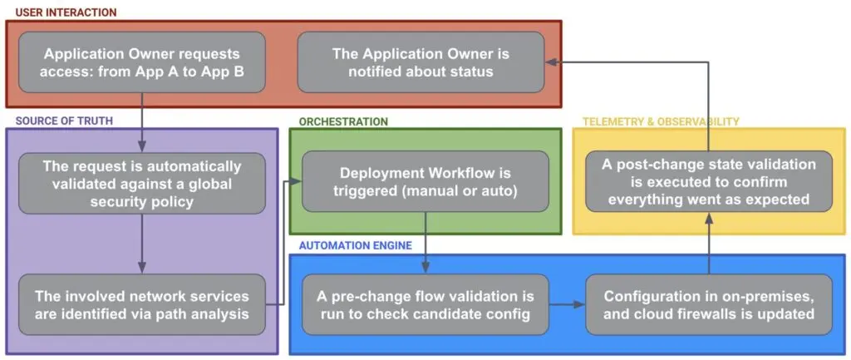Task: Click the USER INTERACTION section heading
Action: [66, 12]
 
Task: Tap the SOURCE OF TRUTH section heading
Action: [64, 121]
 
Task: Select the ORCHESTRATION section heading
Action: [343, 121]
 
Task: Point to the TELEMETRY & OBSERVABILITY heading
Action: [661, 121]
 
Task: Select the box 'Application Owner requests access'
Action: [142, 62]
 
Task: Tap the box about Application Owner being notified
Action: [421, 62]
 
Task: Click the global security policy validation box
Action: [142, 183]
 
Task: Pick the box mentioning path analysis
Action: [142, 304]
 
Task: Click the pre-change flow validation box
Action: [425, 304]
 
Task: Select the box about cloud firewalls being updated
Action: [709, 304]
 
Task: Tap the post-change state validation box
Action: [709, 180]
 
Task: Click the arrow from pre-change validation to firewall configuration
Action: [568, 304]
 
